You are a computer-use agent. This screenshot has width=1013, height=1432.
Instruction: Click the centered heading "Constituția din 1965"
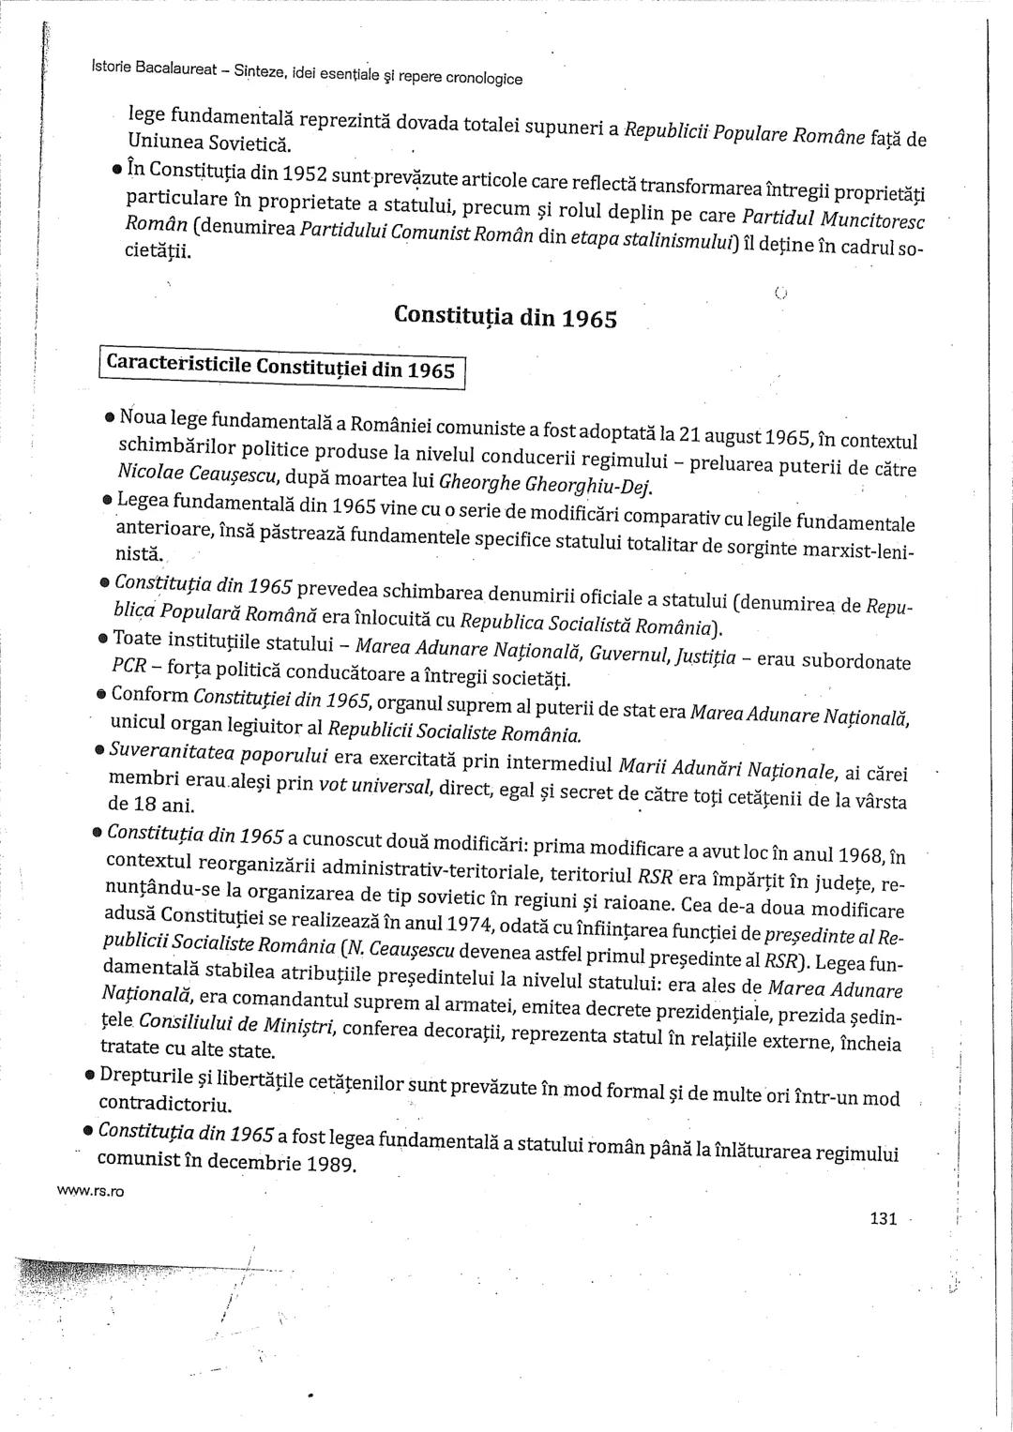tap(506, 315)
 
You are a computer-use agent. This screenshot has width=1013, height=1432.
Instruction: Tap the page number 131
tap(884, 1219)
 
